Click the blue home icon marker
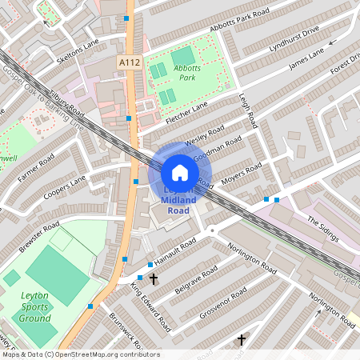180,172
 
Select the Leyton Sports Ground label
35,307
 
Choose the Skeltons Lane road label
78,51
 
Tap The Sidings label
324,228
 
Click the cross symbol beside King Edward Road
153,280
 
